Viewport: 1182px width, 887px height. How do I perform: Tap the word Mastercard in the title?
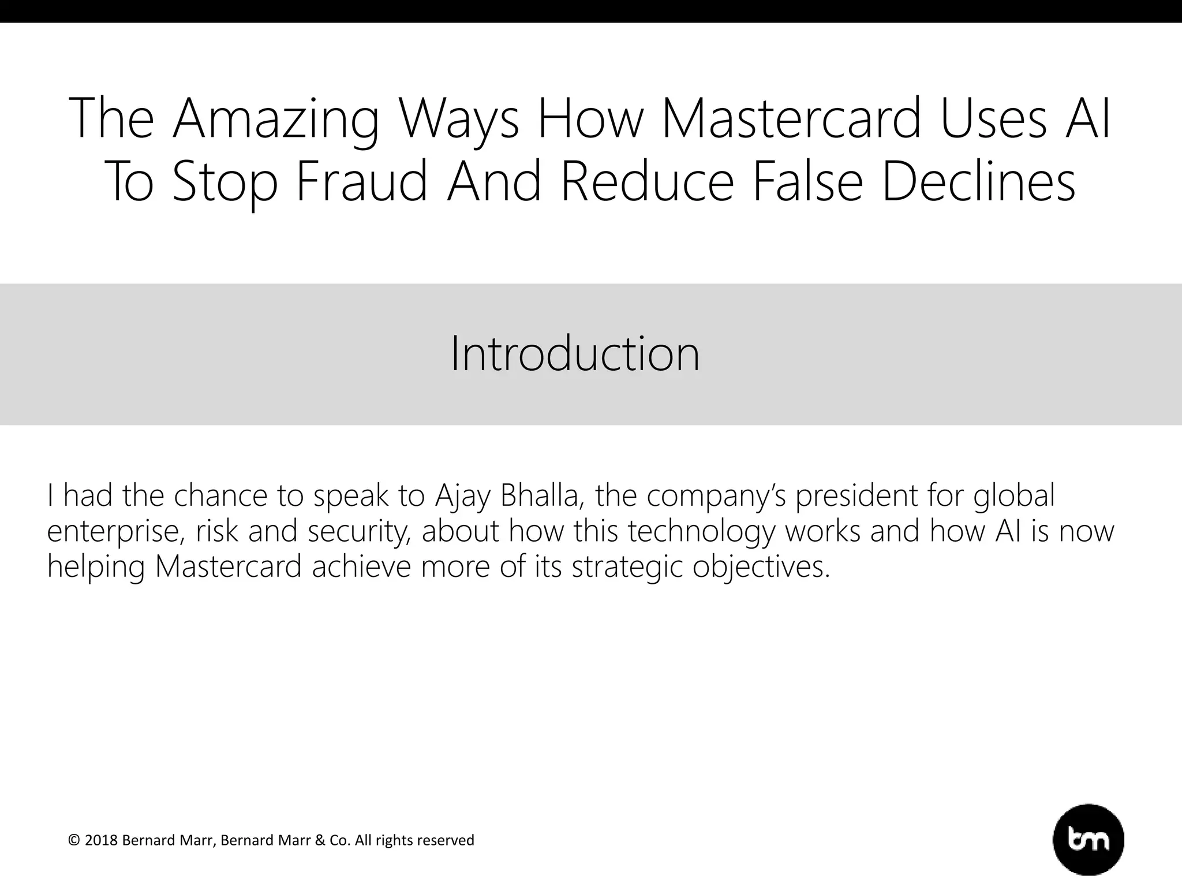click(790, 119)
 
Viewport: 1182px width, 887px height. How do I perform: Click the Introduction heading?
click(575, 354)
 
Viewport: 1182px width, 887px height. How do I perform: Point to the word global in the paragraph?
click(1013, 497)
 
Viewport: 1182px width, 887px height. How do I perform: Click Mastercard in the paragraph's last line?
click(229, 566)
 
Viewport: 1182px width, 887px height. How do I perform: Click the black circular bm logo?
click(1089, 840)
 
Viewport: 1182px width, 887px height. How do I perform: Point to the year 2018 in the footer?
click(101, 840)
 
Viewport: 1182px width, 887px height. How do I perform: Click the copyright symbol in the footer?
click(74, 840)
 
